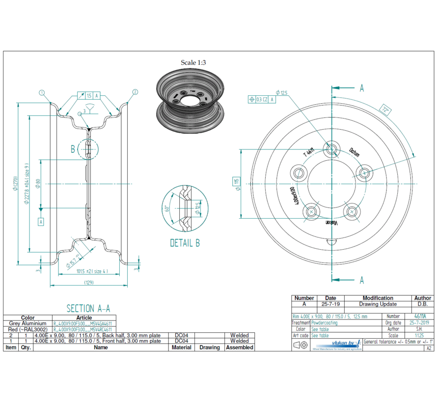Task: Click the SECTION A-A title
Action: [x=88, y=308]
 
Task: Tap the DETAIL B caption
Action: [x=185, y=243]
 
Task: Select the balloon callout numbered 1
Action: [x=42, y=92]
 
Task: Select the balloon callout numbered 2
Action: [x=135, y=92]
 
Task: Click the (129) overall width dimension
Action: [x=89, y=283]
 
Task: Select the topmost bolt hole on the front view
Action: [x=332, y=149]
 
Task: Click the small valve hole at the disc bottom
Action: [x=332, y=241]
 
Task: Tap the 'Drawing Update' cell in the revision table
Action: [x=377, y=304]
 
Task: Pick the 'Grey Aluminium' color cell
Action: [x=27, y=323]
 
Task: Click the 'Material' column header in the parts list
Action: [x=181, y=347]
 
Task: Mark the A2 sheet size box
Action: [x=429, y=348]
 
